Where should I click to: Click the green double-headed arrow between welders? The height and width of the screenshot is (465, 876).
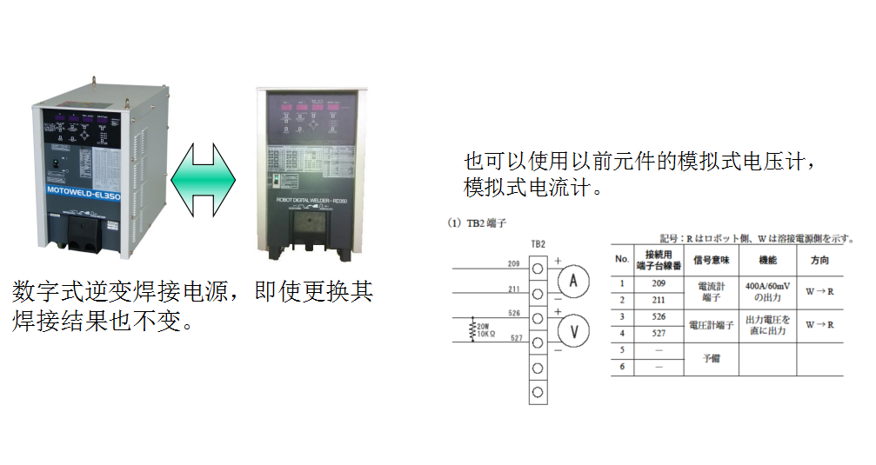204,179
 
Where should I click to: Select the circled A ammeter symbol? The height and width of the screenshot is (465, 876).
573,280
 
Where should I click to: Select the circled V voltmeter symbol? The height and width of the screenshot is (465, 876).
573,330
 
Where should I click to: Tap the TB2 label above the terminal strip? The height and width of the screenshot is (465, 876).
538,244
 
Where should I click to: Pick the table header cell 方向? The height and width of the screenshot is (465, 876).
819,260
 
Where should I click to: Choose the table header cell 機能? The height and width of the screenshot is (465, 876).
767,260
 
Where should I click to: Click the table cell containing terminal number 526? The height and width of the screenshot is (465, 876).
659,316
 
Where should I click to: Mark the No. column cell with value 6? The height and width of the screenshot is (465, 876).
622,367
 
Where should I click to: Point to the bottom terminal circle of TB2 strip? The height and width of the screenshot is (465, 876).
538,393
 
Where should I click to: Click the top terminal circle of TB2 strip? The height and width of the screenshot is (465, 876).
538,267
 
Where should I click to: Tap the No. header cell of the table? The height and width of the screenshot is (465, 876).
622,260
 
